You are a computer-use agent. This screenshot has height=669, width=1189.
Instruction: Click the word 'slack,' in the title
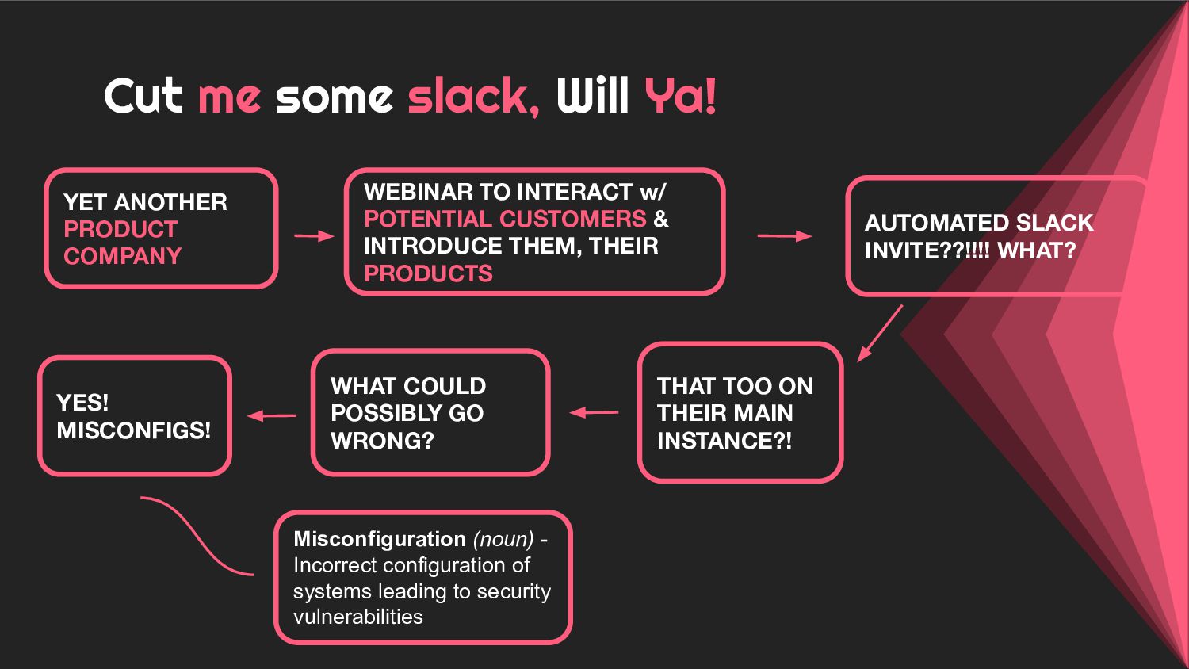(x=473, y=97)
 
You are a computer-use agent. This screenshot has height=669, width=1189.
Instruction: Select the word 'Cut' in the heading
(x=143, y=97)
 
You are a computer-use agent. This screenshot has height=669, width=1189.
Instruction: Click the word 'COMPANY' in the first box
(x=122, y=256)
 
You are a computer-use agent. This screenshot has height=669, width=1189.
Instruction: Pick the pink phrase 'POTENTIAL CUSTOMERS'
(x=505, y=219)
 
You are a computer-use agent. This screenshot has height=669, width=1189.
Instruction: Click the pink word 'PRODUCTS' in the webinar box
(x=428, y=273)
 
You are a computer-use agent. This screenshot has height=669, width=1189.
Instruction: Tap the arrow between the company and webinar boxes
(x=314, y=236)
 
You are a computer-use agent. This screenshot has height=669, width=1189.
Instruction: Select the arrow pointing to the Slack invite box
(x=784, y=236)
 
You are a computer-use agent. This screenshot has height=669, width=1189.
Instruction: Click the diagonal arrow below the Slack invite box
(x=879, y=334)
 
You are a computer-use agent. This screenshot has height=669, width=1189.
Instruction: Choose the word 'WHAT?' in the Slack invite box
(x=1036, y=250)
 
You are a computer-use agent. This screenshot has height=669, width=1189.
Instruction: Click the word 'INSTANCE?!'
(x=724, y=441)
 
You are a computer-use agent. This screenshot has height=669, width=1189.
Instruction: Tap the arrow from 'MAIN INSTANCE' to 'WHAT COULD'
(x=594, y=412)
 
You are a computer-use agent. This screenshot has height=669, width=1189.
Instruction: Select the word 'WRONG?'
(x=382, y=441)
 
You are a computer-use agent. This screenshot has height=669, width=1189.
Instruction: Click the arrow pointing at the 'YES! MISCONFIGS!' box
(x=272, y=415)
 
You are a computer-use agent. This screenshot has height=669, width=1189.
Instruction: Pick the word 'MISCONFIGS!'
(x=134, y=430)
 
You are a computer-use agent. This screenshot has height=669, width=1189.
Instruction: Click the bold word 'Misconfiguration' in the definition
(x=380, y=539)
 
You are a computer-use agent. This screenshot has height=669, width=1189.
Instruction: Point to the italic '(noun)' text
(x=503, y=539)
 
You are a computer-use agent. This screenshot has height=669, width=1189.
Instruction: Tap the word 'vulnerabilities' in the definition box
(x=358, y=617)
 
